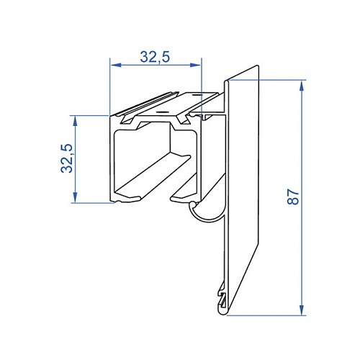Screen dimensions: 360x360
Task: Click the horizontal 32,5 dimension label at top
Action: point(155,57)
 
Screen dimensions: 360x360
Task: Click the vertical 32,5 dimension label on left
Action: point(67,158)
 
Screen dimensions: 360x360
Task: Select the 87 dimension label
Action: point(293,197)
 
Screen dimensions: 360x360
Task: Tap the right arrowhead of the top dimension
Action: point(195,65)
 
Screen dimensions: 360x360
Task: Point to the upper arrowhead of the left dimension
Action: point(76,121)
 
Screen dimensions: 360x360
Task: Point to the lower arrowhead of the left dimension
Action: point(76,197)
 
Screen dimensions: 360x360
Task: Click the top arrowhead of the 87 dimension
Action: point(302,86)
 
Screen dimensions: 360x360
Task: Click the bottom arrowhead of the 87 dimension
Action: point(302,310)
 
